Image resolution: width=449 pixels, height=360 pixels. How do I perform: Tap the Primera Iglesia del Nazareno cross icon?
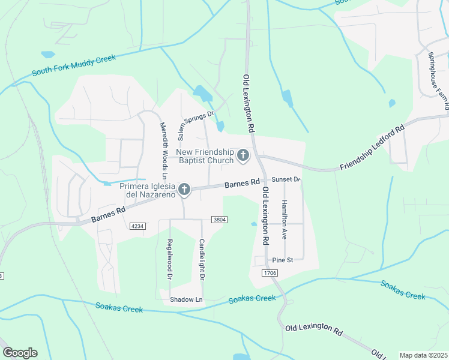point(184,190)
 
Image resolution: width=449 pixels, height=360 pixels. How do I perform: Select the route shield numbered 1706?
point(270,273)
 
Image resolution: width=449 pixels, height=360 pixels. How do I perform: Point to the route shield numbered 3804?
point(220,220)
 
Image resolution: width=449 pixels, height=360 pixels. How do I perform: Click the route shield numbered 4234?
point(137,226)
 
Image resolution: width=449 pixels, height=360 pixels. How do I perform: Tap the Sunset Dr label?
point(286,179)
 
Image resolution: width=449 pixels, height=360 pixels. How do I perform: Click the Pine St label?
point(282,260)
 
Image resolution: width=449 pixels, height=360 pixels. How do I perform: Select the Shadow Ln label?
point(187,299)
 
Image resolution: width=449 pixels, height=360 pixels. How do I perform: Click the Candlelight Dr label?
point(202,260)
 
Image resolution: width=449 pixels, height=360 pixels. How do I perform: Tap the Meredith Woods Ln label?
point(162,150)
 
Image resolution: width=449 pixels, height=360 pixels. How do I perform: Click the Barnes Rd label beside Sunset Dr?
point(242,183)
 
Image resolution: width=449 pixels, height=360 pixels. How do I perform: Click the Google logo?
point(20,353)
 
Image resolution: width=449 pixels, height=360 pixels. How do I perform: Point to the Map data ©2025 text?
point(423,355)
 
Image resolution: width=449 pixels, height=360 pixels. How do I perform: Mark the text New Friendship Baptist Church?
point(204,156)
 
